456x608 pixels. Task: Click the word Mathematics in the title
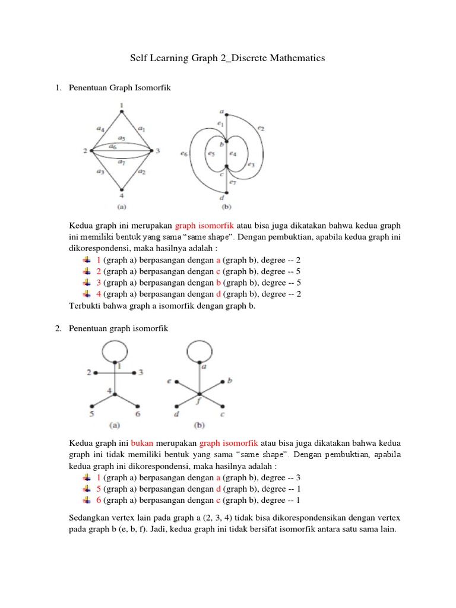point(296,58)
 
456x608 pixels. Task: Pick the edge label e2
point(262,128)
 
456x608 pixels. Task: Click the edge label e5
point(211,153)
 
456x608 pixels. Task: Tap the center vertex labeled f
point(200,393)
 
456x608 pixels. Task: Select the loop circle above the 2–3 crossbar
point(114,352)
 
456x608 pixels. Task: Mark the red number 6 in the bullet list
point(99,500)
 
